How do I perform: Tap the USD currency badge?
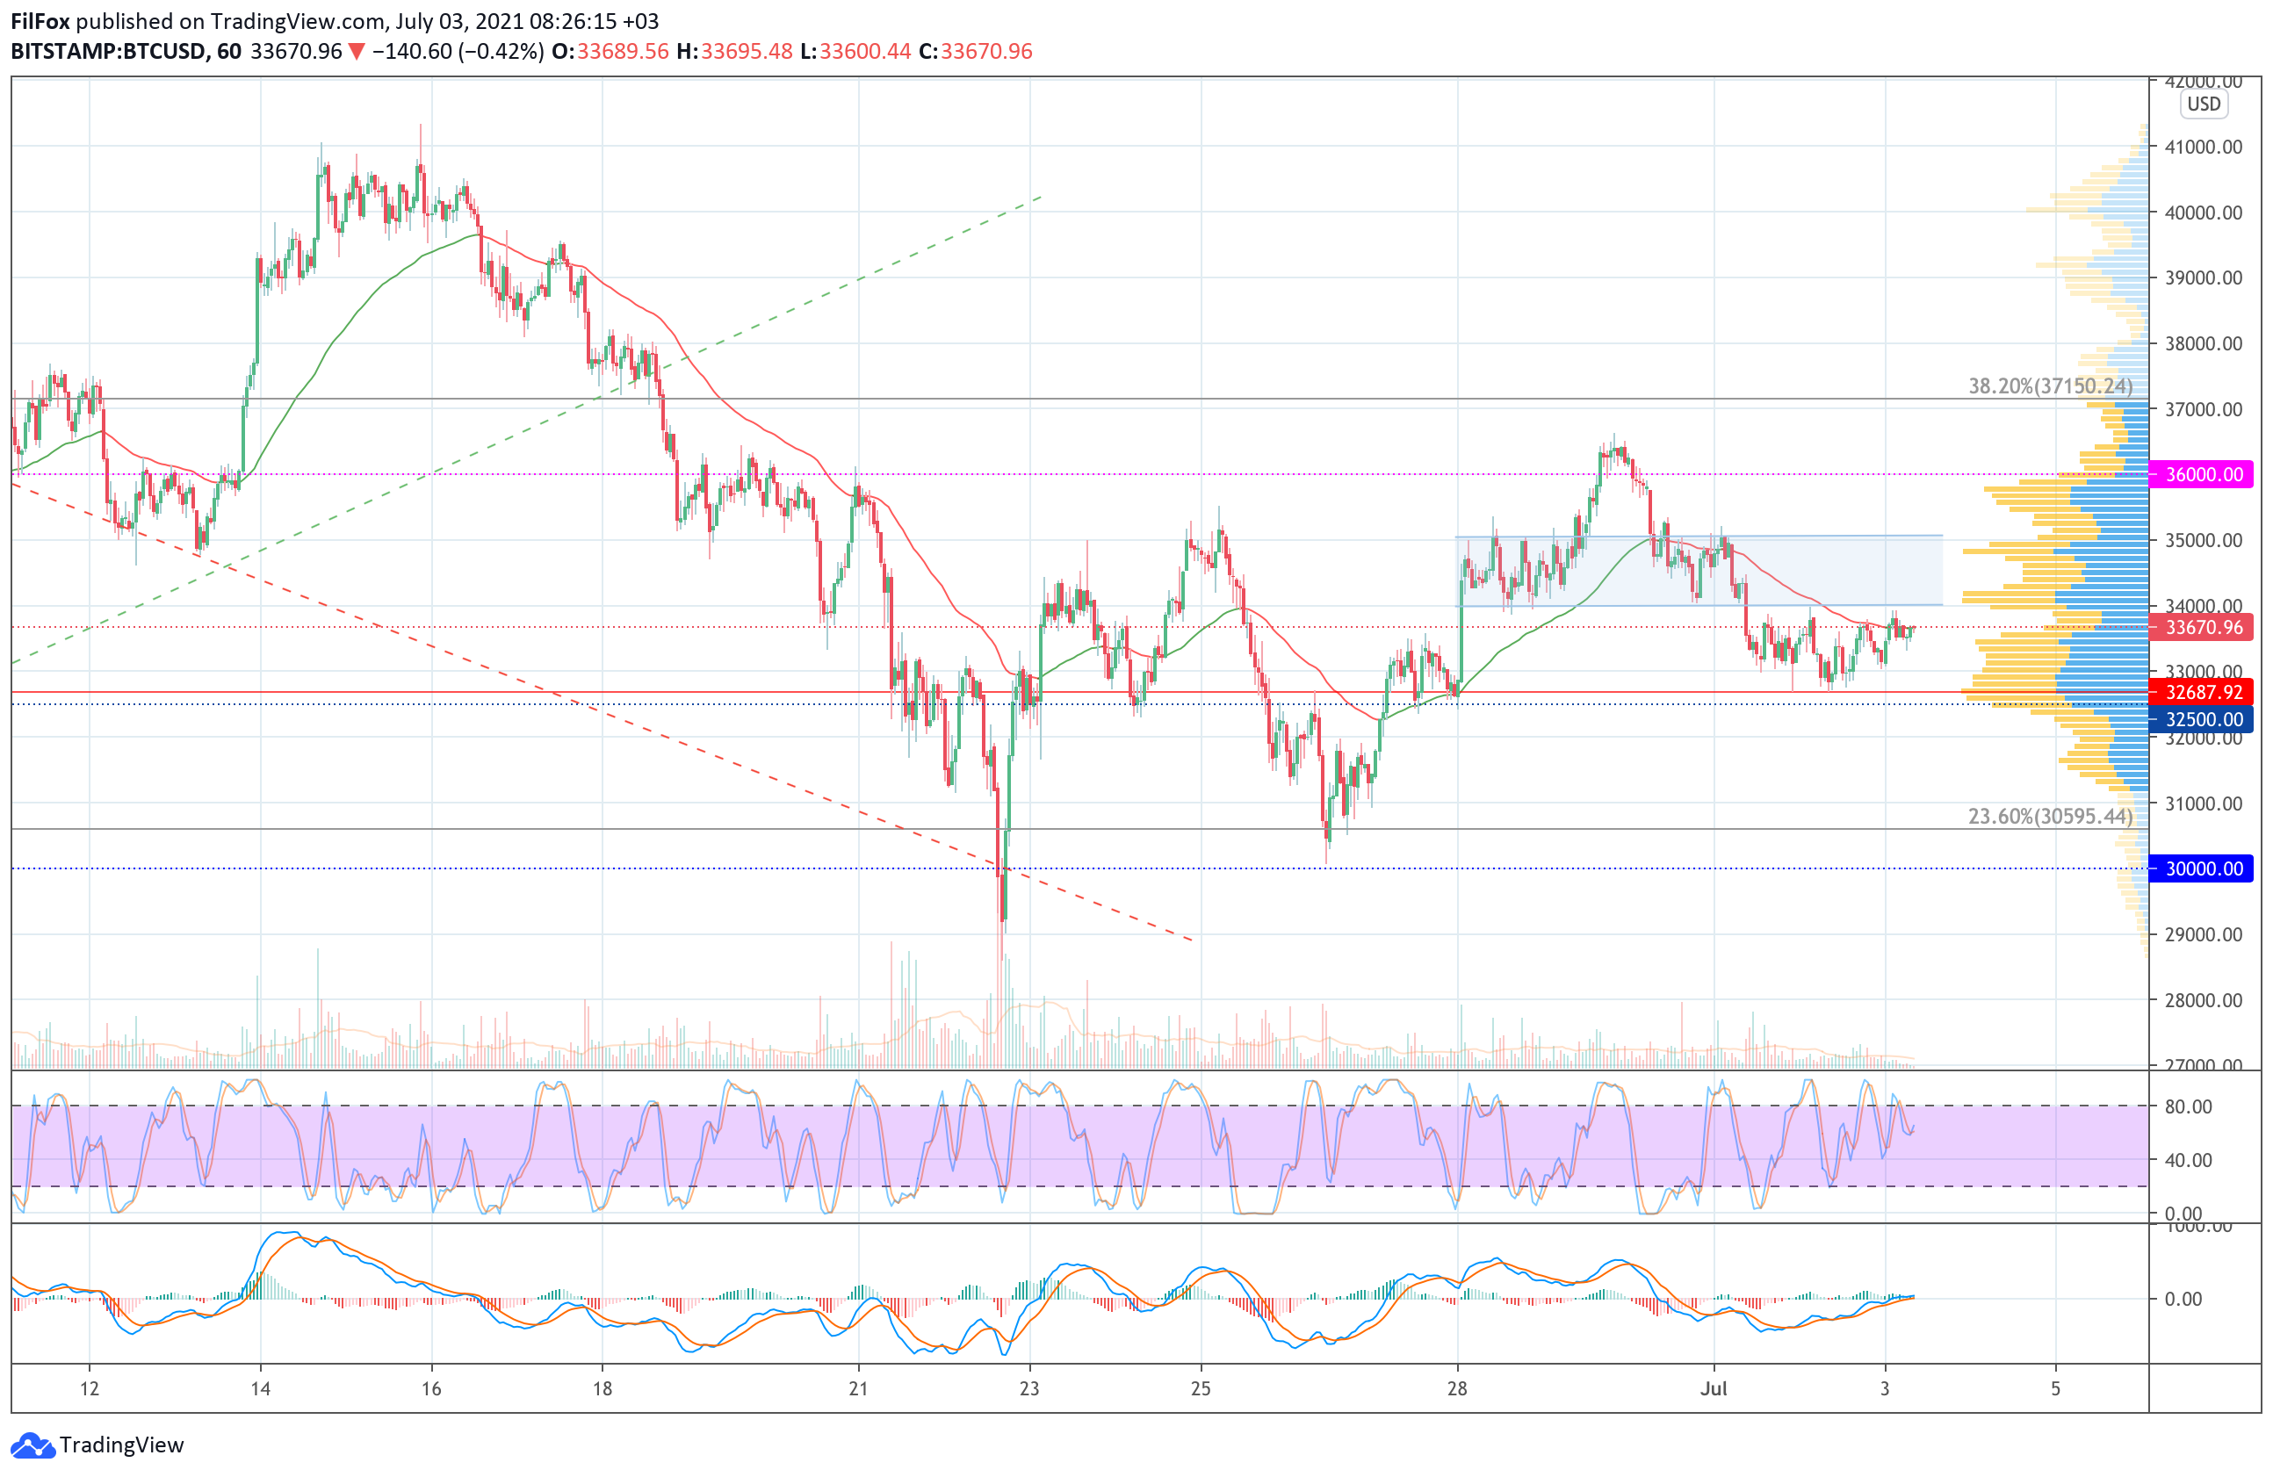(x=2204, y=104)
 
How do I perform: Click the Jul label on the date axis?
(x=1714, y=1388)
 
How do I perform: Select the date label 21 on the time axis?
(x=859, y=1388)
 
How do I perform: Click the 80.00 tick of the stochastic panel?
(x=2188, y=1106)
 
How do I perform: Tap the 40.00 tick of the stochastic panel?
(x=2188, y=1160)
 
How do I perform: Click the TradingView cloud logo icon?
(x=32, y=1445)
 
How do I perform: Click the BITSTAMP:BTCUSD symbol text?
(x=108, y=52)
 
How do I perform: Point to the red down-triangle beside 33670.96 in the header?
(x=357, y=52)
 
